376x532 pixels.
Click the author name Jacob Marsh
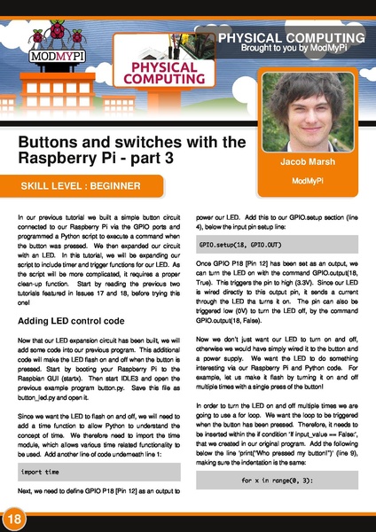tap(305, 163)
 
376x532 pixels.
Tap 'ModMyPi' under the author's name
tap(305, 181)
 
